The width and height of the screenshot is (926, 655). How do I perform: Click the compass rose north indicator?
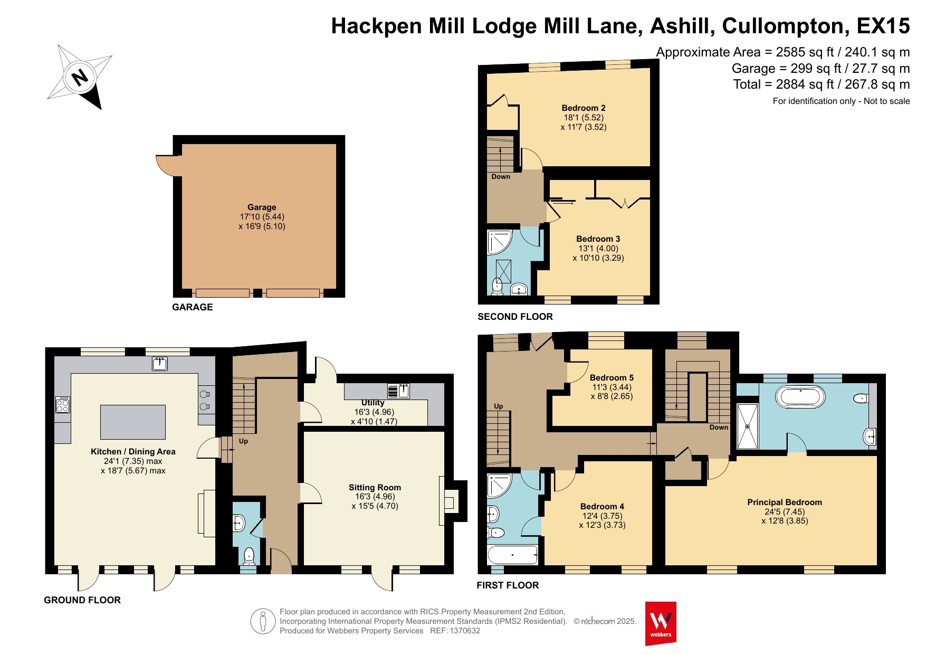click(80, 78)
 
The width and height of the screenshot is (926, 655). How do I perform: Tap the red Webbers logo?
click(661, 623)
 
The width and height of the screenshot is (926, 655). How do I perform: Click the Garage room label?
click(262, 207)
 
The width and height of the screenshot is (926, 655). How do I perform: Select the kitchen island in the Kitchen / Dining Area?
click(133, 422)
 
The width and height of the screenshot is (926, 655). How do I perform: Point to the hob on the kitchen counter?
click(63, 404)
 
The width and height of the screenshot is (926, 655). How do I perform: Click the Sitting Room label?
click(375, 488)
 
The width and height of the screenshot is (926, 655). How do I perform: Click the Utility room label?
click(373, 403)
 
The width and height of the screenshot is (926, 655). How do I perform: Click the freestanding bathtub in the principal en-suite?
click(800, 397)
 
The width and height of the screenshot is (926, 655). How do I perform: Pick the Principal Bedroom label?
click(785, 502)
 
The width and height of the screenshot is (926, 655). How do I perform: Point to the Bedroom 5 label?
click(612, 378)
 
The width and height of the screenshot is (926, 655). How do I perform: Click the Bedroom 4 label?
click(602, 507)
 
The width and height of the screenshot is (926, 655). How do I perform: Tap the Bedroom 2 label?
click(584, 108)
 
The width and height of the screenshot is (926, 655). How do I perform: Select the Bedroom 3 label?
click(598, 239)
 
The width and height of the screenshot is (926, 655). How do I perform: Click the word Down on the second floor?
click(501, 177)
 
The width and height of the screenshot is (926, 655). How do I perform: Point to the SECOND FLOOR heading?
click(515, 317)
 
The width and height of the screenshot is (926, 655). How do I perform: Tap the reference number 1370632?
click(463, 631)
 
